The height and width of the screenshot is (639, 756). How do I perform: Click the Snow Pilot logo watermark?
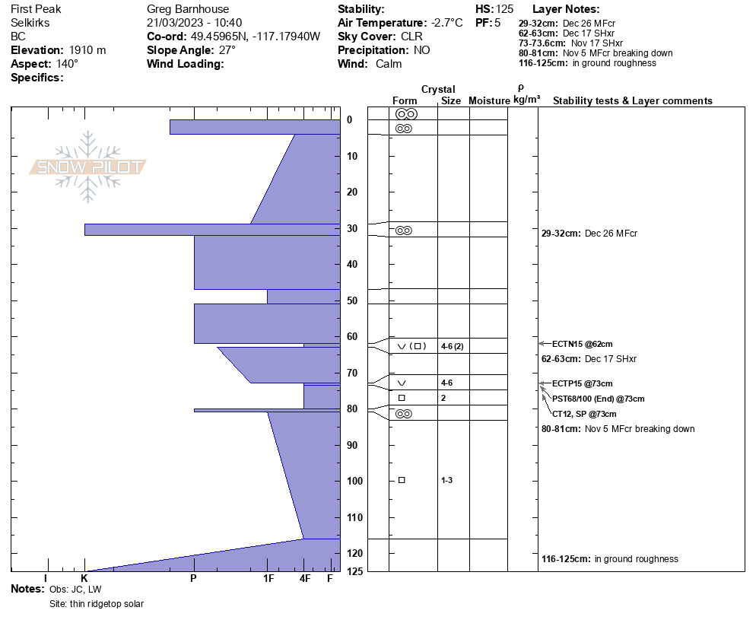click(88, 167)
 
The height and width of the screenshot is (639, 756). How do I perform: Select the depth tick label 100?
click(354, 482)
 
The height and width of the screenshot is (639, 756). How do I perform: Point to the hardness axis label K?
click(84, 578)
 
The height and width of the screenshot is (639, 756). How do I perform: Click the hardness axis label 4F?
click(305, 578)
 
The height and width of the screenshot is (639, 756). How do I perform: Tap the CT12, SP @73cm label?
click(584, 414)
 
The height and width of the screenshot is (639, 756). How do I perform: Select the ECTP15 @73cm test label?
click(583, 383)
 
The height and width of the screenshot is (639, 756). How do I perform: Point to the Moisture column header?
click(489, 100)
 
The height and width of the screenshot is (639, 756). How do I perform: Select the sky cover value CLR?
click(411, 37)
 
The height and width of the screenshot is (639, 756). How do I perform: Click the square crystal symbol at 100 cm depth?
click(402, 480)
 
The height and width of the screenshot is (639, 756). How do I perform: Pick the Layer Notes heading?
click(566, 9)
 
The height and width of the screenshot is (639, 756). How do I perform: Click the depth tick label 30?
click(353, 229)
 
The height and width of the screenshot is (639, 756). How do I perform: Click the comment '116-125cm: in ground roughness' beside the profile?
click(609, 559)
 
